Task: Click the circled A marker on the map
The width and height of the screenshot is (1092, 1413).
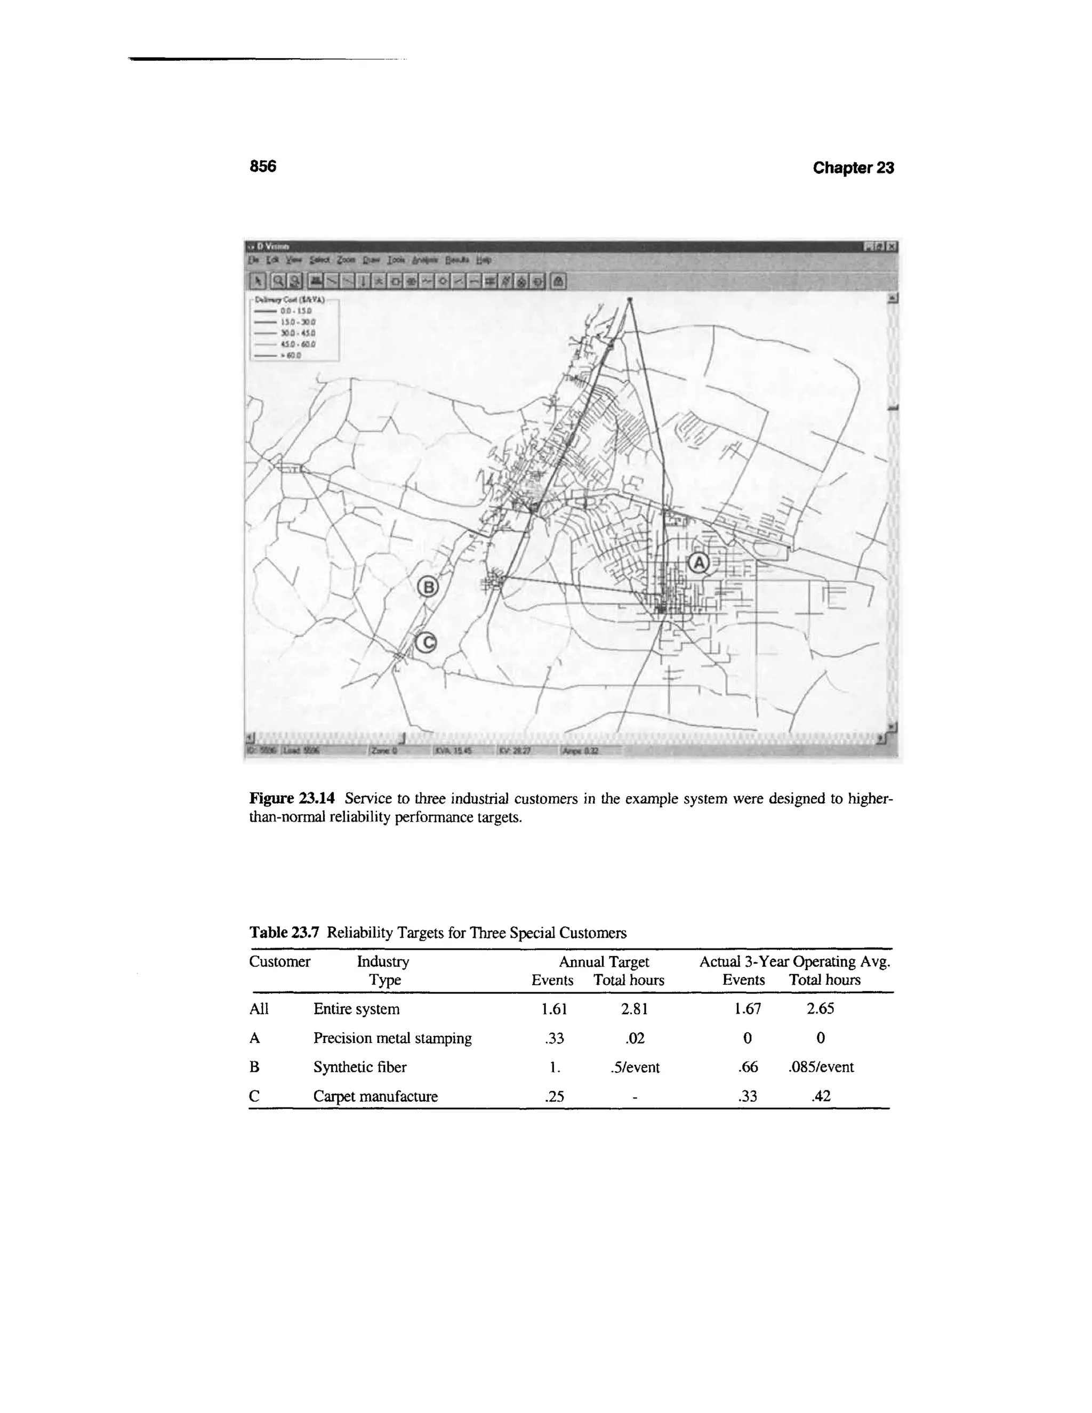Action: click(698, 563)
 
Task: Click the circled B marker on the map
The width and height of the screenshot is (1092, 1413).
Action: click(428, 588)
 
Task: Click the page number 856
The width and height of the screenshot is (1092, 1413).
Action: click(263, 166)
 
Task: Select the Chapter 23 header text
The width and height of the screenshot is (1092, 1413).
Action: click(853, 167)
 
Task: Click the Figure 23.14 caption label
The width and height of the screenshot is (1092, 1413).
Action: click(292, 798)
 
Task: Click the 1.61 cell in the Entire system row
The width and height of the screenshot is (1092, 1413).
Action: click(554, 1009)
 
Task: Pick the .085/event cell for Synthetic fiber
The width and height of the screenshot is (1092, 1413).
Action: click(820, 1067)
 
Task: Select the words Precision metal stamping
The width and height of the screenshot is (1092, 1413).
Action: click(392, 1038)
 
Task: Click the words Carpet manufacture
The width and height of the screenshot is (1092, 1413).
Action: click(375, 1096)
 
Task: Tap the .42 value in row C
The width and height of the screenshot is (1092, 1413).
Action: click(820, 1096)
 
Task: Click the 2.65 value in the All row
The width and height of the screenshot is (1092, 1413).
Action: click(820, 1009)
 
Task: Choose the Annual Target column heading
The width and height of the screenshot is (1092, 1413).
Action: click(604, 962)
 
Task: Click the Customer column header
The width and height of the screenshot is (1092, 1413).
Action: click(279, 961)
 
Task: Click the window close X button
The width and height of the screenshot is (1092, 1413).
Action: click(892, 246)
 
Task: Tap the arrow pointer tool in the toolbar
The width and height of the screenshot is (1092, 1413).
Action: click(258, 281)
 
